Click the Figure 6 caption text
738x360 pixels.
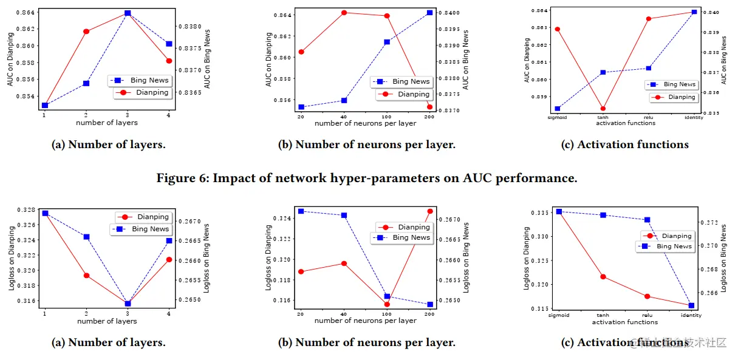(367, 178)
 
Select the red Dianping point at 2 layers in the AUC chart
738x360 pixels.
(86, 31)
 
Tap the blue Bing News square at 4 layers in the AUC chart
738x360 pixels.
(169, 44)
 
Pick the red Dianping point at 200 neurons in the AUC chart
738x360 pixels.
(429, 107)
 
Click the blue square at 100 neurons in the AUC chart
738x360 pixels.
(387, 42)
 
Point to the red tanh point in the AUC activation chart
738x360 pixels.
(603, 109)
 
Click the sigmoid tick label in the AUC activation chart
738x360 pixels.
(557, 118)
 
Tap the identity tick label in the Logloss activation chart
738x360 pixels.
(691, 316)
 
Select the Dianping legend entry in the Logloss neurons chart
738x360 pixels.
(413, 227)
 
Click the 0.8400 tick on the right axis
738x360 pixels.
(448, 13)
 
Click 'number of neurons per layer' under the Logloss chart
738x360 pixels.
(365, 321)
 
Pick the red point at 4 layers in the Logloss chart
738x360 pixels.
(169, 260)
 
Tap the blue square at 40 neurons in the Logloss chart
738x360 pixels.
(344, 215)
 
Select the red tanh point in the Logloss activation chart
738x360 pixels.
(603, 277)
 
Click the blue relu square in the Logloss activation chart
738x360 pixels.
(647, 220)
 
